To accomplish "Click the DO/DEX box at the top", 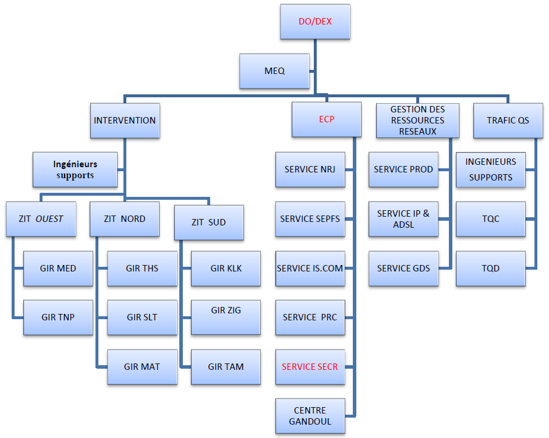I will (x=315, y=22).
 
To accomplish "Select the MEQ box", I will (x=274, y=71).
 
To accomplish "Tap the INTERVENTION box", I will (x=125, y=121).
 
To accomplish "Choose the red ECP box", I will (x=327, y=119).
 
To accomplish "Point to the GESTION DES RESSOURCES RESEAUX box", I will (x=417, y=120).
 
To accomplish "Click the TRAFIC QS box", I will (x=508, y=121).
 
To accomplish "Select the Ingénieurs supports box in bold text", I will (x=75, y=169).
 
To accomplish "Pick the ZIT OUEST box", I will (x=41, y=219).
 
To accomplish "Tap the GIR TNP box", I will (x=58, y=317).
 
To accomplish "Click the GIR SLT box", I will (x=142, y=317).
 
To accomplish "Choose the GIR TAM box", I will (x=226, y=367).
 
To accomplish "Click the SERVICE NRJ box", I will (x=310, y=169).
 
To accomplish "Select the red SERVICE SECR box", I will (x=310, y=367).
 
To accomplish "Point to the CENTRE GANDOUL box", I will (x=310, y=416).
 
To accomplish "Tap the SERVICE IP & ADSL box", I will (x=403, y=219).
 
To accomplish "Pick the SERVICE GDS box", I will (x=403, y=268).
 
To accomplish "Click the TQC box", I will (x=490, y=219).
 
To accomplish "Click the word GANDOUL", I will (x=310, y=421).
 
